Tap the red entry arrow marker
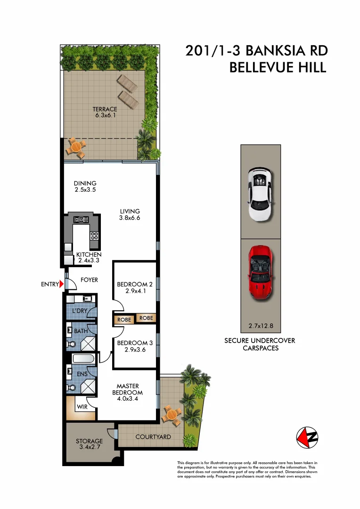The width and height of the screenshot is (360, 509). (62, 284)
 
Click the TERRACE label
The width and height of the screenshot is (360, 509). (105, 109)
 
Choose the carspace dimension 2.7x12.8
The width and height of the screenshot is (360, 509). (261, 325)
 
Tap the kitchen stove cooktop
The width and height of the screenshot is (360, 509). (94, 236)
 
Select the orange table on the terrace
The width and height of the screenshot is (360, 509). (75, 147)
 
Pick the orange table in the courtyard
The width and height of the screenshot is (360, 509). (172, 415)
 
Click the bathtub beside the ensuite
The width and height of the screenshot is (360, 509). (83, 359)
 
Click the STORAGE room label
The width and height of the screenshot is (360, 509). (89, 442)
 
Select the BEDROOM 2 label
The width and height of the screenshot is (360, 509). (135, 284)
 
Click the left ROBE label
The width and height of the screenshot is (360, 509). (124, 320)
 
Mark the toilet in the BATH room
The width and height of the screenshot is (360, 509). (70, 345)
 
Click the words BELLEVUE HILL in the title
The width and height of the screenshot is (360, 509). (278, 67)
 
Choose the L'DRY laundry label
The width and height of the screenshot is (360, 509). (79, 311)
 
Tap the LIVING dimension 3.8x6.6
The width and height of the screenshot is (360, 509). (130, 218)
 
